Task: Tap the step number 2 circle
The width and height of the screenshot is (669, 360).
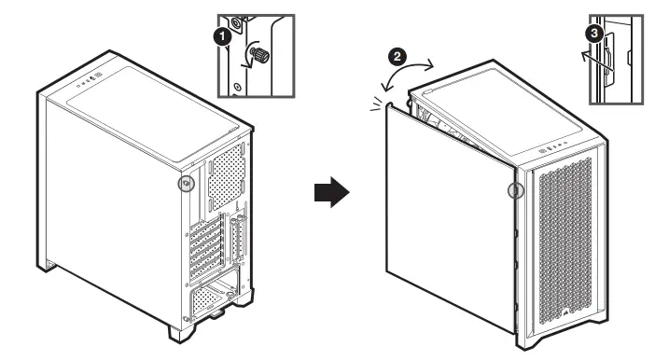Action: (397, 55)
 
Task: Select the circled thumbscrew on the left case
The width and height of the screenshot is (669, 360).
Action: (187, 184)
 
